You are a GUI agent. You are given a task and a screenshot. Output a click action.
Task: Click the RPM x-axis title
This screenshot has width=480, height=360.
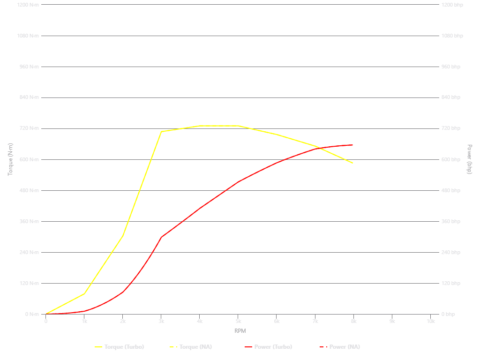(x=240, y=331)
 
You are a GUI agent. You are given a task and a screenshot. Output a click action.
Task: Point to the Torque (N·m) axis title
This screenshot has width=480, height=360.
(x=10, y=159)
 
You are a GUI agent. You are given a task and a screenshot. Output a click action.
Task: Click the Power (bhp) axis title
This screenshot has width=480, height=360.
(x=470, y=159)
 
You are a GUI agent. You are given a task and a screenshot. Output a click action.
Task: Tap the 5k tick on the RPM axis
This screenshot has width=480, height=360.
(x=238, y=321)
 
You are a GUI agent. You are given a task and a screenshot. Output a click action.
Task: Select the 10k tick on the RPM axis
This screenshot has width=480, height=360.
(x=430, y=321)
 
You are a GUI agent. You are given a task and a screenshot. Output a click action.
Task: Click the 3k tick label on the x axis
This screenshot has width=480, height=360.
(x=161, y=321)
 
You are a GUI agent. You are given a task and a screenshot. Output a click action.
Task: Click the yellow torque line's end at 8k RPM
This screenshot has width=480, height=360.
(x=352, y=163)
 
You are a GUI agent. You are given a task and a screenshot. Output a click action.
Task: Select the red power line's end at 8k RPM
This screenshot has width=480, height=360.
(x=352, y=145)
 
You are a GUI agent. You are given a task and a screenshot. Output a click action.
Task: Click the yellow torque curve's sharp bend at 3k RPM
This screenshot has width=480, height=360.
(x=161, y=132)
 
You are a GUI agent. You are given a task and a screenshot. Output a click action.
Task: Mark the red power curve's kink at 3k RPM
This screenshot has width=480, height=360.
(x=161, y=237)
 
